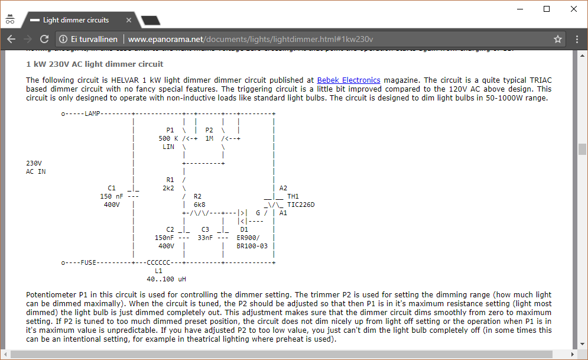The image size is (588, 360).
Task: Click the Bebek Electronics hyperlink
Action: tap(348, 80)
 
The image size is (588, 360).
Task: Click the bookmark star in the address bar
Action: tap(557, 40)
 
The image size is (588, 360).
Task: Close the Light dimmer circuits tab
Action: tap(130, 20)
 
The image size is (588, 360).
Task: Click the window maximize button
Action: tap(547, 9)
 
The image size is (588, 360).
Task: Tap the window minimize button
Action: tap(520, 9)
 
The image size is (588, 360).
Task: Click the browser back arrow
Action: tap(11, 40)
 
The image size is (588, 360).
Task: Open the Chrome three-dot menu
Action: tap(577, 40)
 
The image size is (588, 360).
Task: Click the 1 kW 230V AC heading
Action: tap(95, 64)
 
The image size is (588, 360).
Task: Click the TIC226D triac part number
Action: tap(301, 205)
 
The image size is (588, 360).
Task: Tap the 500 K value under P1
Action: tap(168, 138)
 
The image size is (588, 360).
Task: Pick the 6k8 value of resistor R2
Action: tap(199, 205)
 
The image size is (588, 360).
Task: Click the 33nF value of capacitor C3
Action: tap(205, 238)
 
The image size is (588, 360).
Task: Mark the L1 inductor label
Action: tap(158, 271)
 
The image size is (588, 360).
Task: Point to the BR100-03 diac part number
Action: tap(252, 246)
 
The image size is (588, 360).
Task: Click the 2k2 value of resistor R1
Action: tap(168, 188)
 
